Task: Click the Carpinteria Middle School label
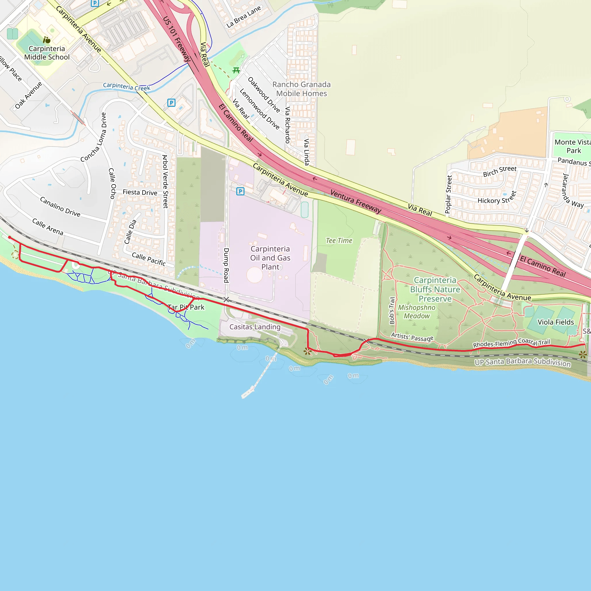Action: pyautogui.click(x=47, y=53)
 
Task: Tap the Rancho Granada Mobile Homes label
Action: pyautogui.click(x=301, y=89)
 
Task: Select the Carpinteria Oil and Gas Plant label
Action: pyautogui.click(x=270, y=258)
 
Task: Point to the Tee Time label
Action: pyautogui.click(x=339, y=240)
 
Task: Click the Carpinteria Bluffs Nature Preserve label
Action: pyautogui.click(x=435, y=289)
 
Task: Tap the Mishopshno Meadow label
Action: pyautogui.click(x=416, y=311)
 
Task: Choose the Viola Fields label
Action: pyautogui.click(x=556, y=322)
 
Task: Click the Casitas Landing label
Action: pyautogui.click(x=255, y=327)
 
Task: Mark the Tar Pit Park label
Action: pyautogui.click(x=186, y=307)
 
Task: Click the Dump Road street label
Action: pyautogui.click(x=226, y=265)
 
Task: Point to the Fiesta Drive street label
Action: pyautogui.click(x=140, y=192)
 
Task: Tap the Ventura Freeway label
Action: pyautogui.click(x=356, y=201)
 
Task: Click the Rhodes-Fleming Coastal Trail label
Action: pyautogui.click(x=511, y=343)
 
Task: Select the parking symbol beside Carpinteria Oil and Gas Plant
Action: pyautogui.click(x=240, y=192)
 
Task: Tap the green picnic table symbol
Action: pyautogui.click(x=236, y=71)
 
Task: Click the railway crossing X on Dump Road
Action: pyautogui.click(x=226, y=300)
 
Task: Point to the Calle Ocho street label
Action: pyautogui.click(x=112, y=183)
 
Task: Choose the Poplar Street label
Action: pyautogui.click(x=448, y=194)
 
